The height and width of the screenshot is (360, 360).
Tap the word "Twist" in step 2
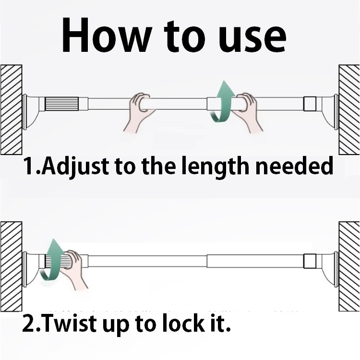tap(69, 323)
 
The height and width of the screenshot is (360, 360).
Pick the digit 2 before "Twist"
tap(28, 323)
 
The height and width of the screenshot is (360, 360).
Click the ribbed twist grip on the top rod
tap(61, 104)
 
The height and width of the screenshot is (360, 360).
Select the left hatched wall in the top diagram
tap(11, 110)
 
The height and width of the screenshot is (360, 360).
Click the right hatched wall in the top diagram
tap(349, 110)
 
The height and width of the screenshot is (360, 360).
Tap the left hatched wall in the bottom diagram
tap(11, 266)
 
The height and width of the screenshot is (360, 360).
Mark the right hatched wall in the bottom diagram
tap(349, 266)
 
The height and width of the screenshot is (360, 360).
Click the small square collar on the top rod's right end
tap(310, 104)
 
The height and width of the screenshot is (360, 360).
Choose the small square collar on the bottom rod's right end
tap(310, 261)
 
